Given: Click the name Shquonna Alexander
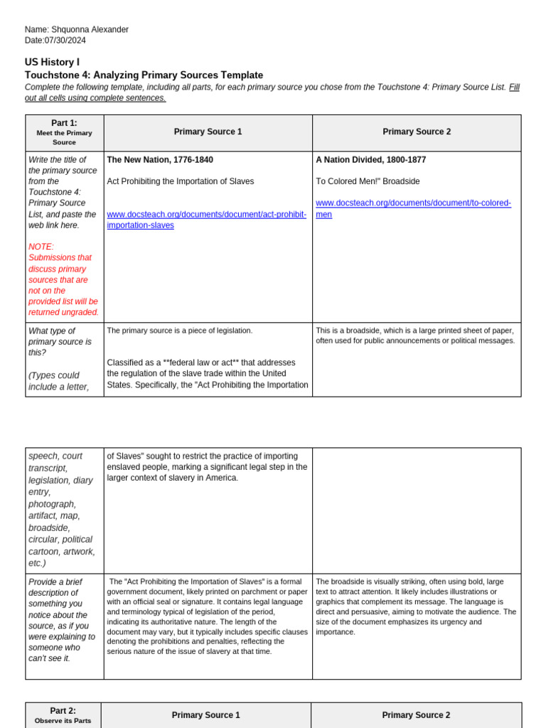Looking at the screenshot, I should [x=90, y=30].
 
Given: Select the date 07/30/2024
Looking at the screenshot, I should [x=65, y=41].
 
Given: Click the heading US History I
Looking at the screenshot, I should [x=52, y=63].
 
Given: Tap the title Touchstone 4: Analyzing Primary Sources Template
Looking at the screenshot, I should [x=144, y=75].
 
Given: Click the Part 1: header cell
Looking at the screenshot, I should [x=64, y=123].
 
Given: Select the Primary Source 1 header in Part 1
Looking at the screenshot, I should [x=208, y=132].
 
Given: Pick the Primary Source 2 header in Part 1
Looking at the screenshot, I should [x=417, y=132].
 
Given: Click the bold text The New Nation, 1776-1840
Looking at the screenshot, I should [x=160, y=160].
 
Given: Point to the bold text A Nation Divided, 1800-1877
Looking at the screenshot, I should [x=371, y=160].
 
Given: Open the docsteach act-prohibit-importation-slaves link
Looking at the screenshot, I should [x=206, y=220].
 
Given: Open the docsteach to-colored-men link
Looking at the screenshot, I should [x=413, y=208].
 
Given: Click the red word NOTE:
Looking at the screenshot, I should [x=41, y=247].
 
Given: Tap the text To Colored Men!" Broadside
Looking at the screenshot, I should [x=368, y=181].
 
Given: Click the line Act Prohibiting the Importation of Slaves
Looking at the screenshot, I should [x=181, y=181].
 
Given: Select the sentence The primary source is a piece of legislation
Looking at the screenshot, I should [x=180, y=331].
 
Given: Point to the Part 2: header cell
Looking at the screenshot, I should [x=63, y=711].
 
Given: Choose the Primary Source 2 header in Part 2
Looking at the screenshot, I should [x=416, y=715].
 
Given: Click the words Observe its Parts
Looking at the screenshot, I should [x=63, y=722].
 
